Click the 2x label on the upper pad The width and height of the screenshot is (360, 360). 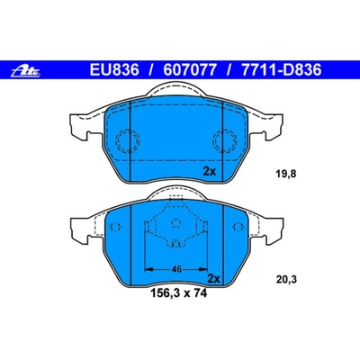tap(210, 169)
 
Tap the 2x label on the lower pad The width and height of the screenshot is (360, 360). tap(214, 281)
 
